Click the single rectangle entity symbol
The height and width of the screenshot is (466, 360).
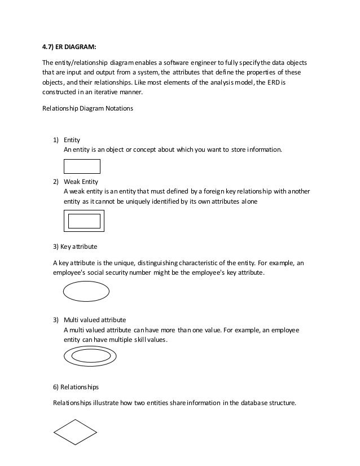(x=81, y=166)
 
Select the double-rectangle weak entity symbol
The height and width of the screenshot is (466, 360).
(x=84, y=221)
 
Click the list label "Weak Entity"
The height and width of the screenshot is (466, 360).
(x=81, y=182)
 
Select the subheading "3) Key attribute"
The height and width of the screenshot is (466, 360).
(x=75, y=247)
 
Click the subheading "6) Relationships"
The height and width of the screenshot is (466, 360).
(x=75, y=387)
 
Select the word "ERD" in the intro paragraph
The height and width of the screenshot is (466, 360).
(x=280, y=82)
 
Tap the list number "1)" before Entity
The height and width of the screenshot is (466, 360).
(x=56, y=139)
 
